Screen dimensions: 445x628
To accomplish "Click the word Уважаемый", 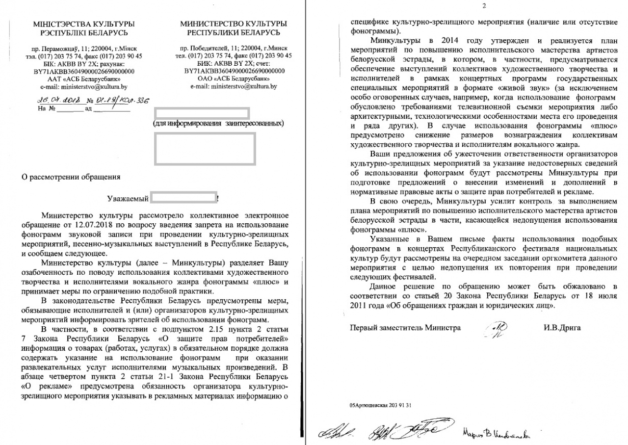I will (127, 199).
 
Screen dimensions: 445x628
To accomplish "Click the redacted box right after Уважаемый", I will (183, 199).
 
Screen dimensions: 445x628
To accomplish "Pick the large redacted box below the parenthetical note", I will (205, 148).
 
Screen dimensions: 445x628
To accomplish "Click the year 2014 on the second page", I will (450, 41).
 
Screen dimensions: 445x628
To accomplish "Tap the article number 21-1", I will (181, 376).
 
